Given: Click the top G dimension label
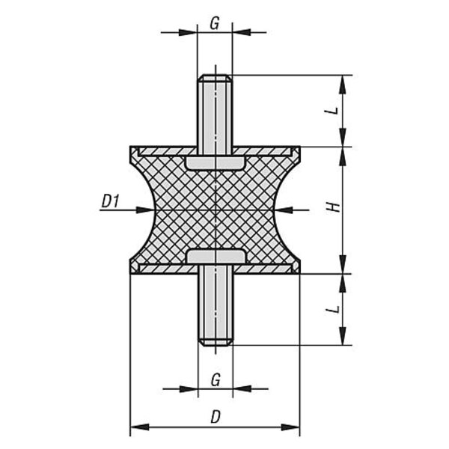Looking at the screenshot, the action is tap(215, 23).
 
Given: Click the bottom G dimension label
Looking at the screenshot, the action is tap(216, 380).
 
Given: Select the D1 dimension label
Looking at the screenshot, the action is tap(111, 201).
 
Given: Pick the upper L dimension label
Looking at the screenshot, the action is tap(333, 111).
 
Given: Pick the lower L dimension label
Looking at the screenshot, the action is tap(333, 309).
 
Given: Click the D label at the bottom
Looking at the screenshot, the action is tap(216, 417).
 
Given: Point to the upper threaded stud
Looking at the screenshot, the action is tap(215, 114).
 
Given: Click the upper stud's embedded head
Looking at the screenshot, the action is tap(215, 163).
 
